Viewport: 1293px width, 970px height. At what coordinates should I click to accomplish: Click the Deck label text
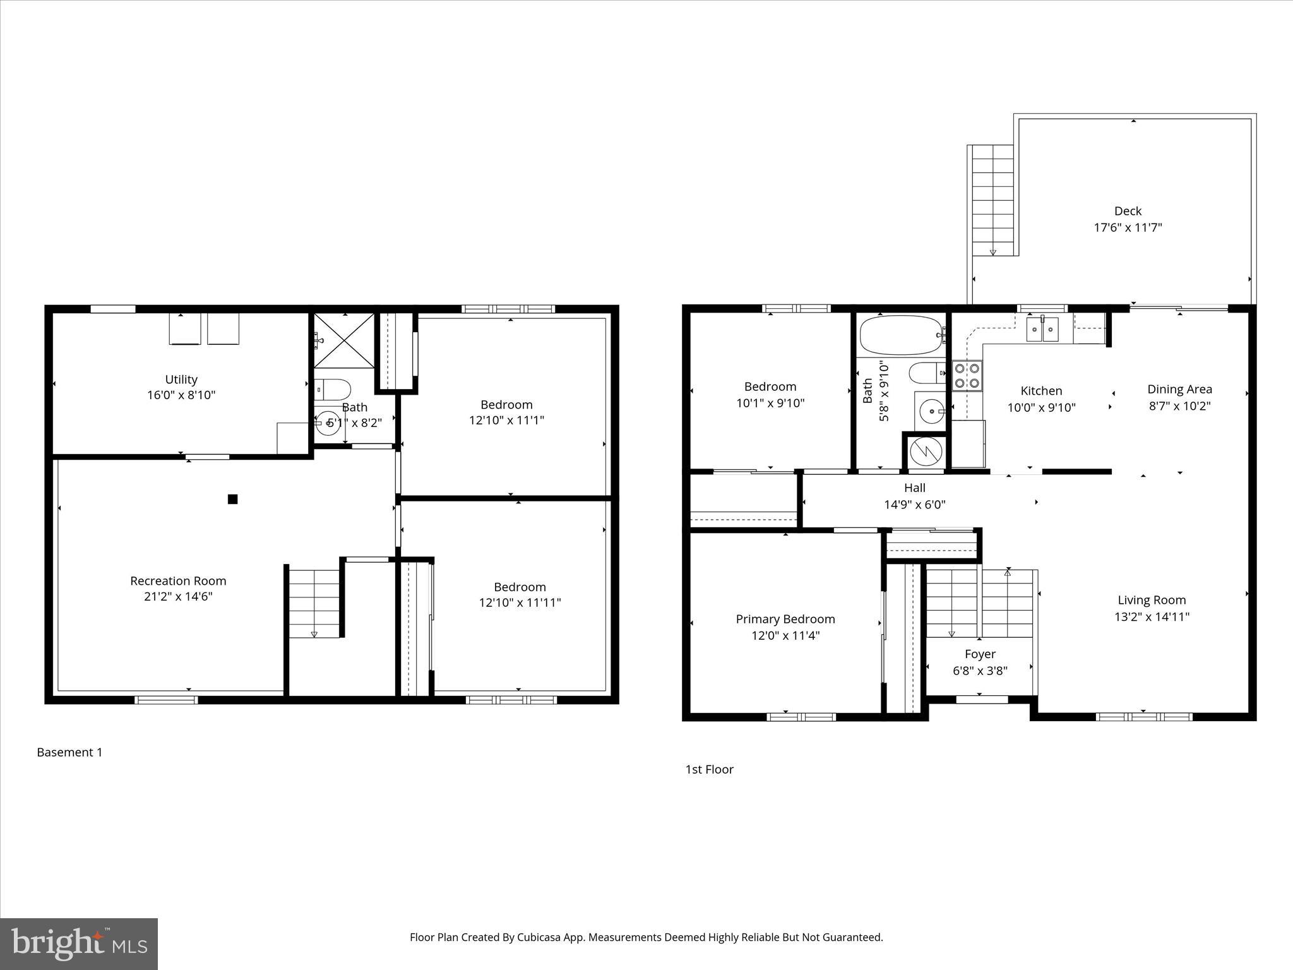click(1128, 211)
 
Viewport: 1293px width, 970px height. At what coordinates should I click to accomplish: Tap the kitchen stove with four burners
click(967, 376)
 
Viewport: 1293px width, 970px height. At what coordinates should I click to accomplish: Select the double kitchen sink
click(1042, 330)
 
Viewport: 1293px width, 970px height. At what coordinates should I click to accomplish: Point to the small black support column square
click(232, 499)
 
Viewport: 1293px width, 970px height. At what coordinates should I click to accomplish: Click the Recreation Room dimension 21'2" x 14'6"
click(178, 596)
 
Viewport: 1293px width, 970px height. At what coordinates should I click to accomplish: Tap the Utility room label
click(181, 380)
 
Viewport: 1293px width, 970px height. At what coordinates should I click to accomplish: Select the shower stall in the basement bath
click(344, 340)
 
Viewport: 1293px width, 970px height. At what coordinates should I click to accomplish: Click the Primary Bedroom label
click(785, 619)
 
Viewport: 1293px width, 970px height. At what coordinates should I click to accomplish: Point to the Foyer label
click(980, 654)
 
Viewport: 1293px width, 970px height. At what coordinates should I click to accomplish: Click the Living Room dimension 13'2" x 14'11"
click(1152, 616)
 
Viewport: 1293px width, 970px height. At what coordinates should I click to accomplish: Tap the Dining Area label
click(1179, 390)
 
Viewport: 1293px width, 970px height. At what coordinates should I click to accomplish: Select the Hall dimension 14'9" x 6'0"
click(914, 504)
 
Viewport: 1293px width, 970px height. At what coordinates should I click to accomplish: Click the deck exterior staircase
click(992, 200)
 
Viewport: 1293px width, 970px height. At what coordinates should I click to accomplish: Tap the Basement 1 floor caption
click(69, 752)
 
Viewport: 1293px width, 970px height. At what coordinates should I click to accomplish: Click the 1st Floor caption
click(709, 769)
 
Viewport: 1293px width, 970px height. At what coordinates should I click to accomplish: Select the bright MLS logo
click(79, 944)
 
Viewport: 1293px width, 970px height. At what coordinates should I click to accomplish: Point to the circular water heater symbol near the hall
click(926, 452)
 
